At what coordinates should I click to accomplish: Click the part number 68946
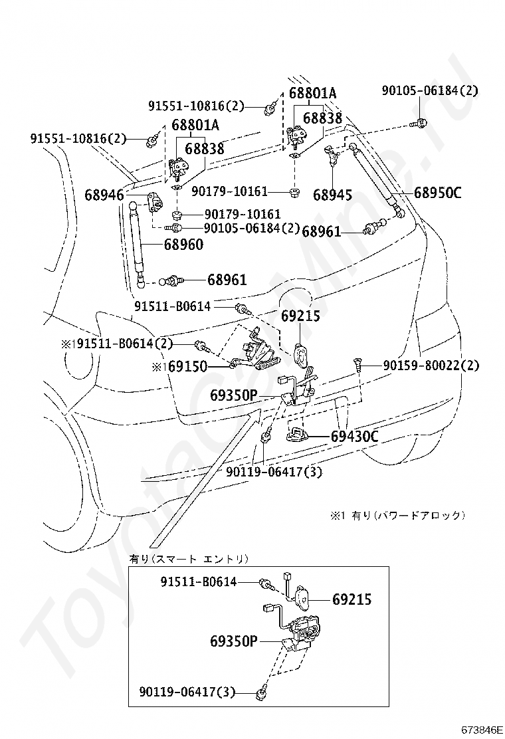click(x=104, y=195)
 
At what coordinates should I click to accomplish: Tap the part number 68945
click(x=332, y=195)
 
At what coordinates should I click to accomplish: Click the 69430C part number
click(x=355, y=437)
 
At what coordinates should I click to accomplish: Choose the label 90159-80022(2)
click(x=431, y=365)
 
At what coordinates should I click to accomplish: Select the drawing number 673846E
click(x=482, y=729)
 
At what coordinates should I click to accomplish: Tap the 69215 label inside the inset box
click(x=352, y=599)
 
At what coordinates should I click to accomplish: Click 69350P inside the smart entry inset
click(x=233, y=641)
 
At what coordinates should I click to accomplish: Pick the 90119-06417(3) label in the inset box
click(x=188, y=692)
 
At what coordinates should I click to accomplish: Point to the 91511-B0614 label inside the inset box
click(x=198, y=581)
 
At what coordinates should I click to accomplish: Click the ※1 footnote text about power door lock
click(x=398, y=515)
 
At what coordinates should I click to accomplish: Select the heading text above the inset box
click(x=189, y=558)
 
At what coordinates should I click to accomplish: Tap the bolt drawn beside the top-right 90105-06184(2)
click(x=420, y=123)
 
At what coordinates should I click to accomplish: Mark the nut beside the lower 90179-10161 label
click(x=177, y=215)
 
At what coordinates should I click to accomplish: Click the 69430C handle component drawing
click(x=297, y=435)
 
